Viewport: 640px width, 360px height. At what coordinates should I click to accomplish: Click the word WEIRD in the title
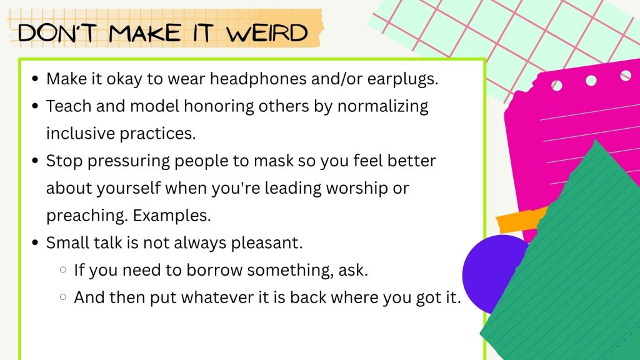click(x=267, y=33)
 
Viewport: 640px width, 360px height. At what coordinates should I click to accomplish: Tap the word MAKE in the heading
click(x=144, y=33)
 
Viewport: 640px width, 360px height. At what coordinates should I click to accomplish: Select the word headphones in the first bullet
click(x=258, y=79)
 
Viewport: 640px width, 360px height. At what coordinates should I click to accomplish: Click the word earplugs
click(x=402, y=79)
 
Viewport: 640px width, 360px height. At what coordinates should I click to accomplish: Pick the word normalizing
click(x=383, y=107)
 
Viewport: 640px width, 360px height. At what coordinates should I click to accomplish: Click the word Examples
click(x=172, y=216)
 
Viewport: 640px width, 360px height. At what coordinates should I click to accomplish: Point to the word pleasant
click(x=267, y=243)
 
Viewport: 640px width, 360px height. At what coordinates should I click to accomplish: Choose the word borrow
click(x=215, y=270)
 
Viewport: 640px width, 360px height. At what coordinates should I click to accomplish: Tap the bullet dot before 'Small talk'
click(x=35, y=243)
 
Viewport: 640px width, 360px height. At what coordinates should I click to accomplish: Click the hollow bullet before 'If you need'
click(x=63, y=270)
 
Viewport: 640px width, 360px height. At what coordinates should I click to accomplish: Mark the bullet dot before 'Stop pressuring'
click(x=35, y=161)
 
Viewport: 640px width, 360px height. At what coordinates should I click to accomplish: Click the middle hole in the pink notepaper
click(x=591, y=81)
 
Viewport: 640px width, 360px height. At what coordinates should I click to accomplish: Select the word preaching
click(x=87, y=216)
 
